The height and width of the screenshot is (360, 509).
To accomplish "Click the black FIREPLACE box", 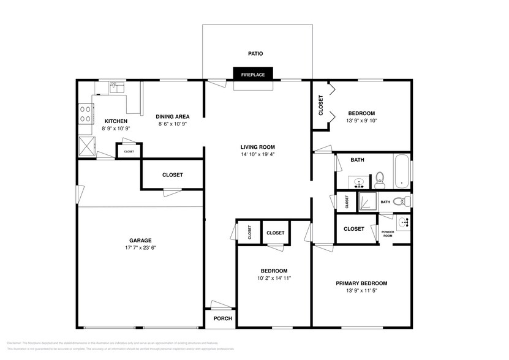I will tap(252, 74).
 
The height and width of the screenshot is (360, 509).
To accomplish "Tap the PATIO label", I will tap(255, 54).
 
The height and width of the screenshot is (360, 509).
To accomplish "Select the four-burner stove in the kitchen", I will tap(85, 114).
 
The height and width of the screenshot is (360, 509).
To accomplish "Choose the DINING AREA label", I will tap(172, 116).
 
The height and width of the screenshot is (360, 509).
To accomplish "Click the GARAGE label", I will tap(140, 240).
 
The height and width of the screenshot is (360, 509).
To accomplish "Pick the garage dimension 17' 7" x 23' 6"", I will tap(140, 249).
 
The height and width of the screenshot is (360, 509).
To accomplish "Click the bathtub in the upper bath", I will tap(402, 171).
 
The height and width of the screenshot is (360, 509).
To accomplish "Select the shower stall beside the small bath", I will tap(367, 201).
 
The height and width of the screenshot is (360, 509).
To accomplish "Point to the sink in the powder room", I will tap(402, 222).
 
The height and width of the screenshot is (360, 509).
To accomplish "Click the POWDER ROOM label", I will tap(388, 234).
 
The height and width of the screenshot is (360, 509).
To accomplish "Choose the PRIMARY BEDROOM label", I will tap(361, 283).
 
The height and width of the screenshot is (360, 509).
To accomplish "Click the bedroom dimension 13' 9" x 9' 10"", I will tap(361, 121).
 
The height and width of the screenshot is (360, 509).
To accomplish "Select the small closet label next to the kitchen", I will tap(129, 151).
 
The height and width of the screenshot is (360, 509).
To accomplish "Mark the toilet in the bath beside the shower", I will tap(401, 200).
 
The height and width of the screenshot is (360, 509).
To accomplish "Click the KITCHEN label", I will tap(116, 121).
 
